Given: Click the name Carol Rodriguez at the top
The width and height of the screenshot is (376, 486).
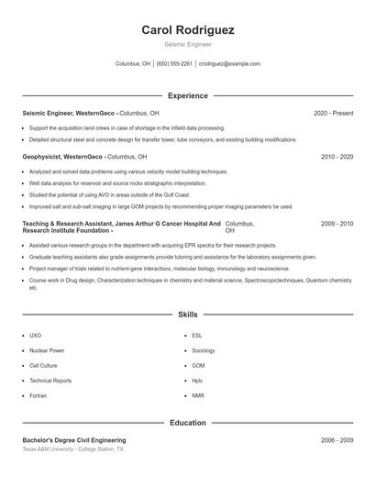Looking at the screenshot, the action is (188, 30).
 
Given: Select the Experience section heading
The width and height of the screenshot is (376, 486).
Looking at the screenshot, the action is (188, 95).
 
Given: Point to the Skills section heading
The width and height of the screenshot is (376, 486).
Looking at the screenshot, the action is (188, 315).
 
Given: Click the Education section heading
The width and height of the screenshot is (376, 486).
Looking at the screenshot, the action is (188, 424).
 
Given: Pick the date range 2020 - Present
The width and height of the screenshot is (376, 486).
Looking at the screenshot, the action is (333, 113).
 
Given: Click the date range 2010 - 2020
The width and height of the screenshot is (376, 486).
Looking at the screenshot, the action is (337, 157).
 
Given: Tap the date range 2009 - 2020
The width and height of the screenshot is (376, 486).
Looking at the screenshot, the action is (337, 224).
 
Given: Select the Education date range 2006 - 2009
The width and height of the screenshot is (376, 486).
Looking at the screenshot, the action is (337, 441).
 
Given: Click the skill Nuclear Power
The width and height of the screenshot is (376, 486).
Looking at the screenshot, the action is (47, 350).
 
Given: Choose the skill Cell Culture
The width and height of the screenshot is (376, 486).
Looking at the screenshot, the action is (43, 365).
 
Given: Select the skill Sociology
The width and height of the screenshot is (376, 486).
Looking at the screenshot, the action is (204, 350).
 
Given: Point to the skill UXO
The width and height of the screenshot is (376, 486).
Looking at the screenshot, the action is (35, 336).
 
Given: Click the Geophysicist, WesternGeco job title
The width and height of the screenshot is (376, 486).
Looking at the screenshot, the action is (62, 157).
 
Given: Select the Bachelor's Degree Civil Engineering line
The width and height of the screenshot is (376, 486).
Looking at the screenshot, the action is (74, 441).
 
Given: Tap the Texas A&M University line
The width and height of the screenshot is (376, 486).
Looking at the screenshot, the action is (72, 450).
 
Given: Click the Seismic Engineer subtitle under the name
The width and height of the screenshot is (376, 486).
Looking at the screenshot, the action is (188, 44).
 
